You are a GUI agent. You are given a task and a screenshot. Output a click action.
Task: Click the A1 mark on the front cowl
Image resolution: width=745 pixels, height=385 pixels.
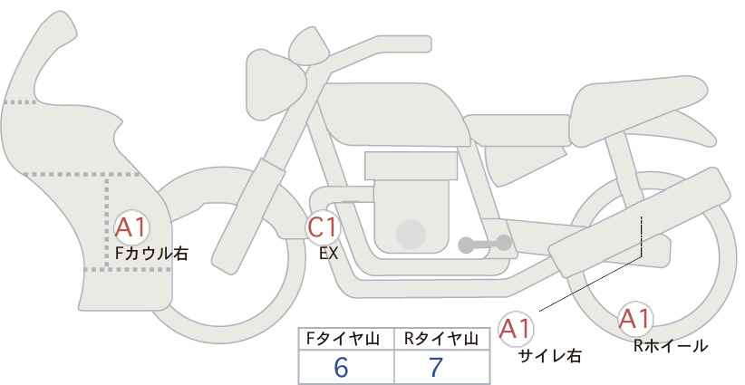[x=131, y=228]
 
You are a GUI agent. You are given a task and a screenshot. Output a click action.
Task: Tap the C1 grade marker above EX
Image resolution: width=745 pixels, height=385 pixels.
[x=323, y=226]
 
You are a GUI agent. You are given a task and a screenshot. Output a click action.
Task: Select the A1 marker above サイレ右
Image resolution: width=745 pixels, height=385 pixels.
[x=516, y=329]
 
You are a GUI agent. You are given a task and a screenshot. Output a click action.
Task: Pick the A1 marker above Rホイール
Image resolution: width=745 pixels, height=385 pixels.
[x=635, y=319]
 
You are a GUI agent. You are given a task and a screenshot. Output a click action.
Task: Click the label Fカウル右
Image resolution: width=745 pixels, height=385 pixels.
[x=151, y=253]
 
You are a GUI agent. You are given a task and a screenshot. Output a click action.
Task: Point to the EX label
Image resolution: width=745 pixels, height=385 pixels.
[x=328, y=254]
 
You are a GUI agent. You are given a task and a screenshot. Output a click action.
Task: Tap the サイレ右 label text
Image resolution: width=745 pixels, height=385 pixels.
[x=550, y=356]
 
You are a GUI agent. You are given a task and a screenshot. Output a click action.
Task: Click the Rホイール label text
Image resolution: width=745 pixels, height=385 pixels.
[x=671, y=346]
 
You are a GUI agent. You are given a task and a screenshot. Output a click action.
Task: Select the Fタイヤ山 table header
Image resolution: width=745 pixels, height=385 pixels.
[x=343, y=339]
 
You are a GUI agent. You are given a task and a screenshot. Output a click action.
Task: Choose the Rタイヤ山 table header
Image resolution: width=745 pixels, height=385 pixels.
[x=441, y=339]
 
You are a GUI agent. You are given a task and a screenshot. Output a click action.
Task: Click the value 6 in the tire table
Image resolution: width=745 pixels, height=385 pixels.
[x=341, y=367]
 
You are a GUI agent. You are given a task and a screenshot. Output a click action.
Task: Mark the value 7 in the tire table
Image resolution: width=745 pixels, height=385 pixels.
[x=436, y=367]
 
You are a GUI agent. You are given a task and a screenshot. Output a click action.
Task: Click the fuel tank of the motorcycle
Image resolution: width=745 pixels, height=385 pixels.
[x=392, y=114]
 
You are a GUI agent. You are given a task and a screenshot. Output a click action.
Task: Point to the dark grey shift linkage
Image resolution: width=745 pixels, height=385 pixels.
[x=485, y=244]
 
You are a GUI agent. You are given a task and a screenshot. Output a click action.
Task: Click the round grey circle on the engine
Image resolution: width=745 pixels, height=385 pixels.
[x=411, y=234]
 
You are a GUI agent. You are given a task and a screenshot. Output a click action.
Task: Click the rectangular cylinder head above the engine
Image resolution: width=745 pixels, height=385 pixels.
[x=411, y=166]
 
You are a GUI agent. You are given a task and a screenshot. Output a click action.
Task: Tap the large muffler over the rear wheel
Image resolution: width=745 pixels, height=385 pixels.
[x=639, y=222]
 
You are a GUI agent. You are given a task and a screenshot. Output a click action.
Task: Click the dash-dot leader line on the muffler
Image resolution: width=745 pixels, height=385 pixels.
[x=642, y=236]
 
